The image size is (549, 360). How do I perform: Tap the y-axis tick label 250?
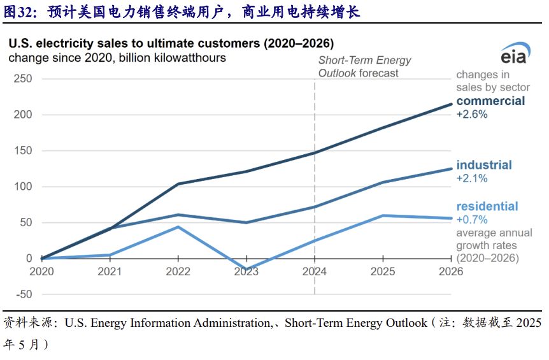point(23,78)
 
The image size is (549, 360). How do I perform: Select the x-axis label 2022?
point(178,271)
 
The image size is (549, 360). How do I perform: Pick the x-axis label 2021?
point(110,271)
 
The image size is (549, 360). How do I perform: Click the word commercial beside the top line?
point(490,101)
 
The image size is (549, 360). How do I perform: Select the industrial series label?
point(484,165)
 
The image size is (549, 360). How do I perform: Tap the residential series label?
point(487,206)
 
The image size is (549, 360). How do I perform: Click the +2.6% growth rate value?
point(472,115)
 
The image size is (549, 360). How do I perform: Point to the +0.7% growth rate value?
point(472,220)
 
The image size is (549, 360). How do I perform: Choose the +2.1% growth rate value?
point(472,178)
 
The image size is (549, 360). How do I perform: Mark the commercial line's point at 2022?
point(178,184)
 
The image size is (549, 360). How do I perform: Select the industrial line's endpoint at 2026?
point(452,169)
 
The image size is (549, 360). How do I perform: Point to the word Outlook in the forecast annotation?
point(338,73)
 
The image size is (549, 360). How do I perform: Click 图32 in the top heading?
point(20,11)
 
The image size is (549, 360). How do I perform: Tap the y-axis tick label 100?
point(23,187)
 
